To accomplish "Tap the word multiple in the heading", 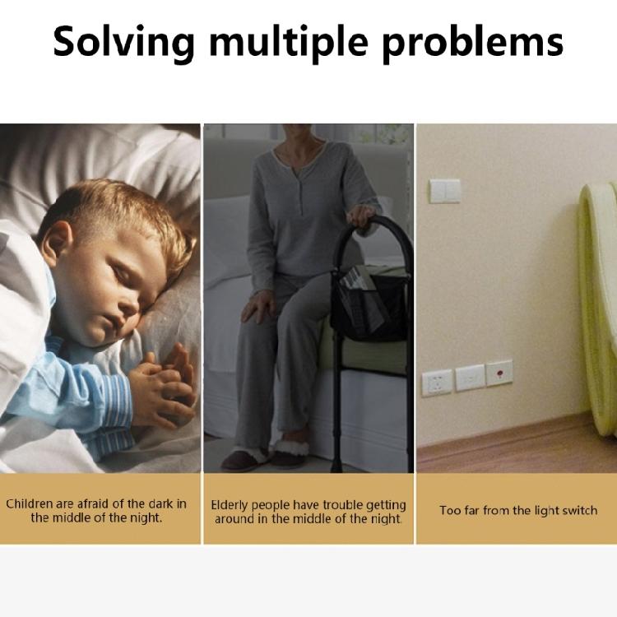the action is click(x=289, y=42).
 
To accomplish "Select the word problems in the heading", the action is click(x=473, y=42).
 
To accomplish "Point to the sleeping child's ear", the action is click(x=57, y=243).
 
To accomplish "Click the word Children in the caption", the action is click(x=29, y=503).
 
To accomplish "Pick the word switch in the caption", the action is click(x=580, y=510).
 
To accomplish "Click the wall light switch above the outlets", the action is click(x=444, y=191).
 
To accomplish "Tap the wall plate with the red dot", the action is click(x=499, y=373).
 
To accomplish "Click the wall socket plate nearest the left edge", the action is click(x=437, y=383).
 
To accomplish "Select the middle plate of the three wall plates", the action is click(x=471, y=378).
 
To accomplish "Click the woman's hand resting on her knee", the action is click(x=259, y=308).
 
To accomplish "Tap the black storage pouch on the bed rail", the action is click(x=369, y=304).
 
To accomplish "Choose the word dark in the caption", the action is click(x=160, y=503).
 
